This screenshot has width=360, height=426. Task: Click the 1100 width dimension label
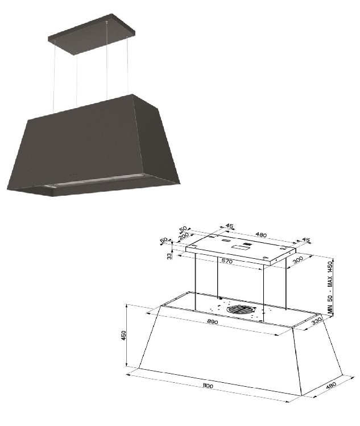pos(208,386)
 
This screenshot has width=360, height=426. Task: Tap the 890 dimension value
pos(213,322)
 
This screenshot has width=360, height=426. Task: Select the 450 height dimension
pos(123,336)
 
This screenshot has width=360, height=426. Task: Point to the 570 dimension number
pos(227,261)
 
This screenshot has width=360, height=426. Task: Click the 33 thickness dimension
pos(169,256)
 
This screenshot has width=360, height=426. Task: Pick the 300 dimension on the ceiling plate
pos(298,260)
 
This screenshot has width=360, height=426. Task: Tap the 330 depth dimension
pos(317,321)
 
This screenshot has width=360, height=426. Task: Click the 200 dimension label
pos(184,237)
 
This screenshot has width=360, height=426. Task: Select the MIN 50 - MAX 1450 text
pos(330,288)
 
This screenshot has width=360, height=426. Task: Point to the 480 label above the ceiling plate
pos(261,234)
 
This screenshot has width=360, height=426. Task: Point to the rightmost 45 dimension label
pos(305,240)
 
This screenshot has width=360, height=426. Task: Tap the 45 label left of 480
pos(230,226)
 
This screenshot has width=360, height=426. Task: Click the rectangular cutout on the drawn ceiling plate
pos(238,247)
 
